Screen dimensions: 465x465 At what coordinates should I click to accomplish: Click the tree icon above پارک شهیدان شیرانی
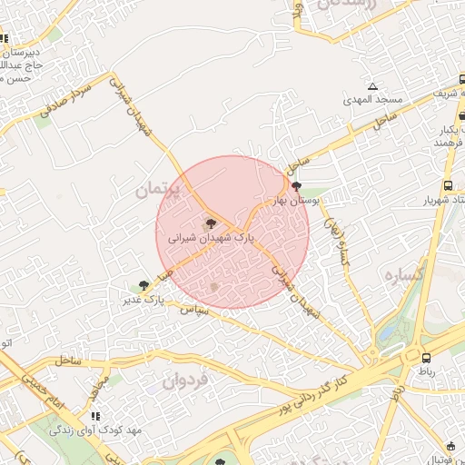coord(210,223)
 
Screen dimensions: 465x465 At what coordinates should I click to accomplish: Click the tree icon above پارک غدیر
coord(143,285)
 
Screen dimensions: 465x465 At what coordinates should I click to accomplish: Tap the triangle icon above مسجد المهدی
coord(372,86)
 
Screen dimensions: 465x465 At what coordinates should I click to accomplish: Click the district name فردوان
coord(185,381)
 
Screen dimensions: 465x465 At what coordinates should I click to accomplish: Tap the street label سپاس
coord(196,312)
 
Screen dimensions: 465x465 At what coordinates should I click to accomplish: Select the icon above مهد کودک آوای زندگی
coord(95,417)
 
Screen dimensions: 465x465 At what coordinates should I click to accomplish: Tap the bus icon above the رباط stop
coord(426,358)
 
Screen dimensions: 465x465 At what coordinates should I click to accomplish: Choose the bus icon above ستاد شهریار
coord(447,186)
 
